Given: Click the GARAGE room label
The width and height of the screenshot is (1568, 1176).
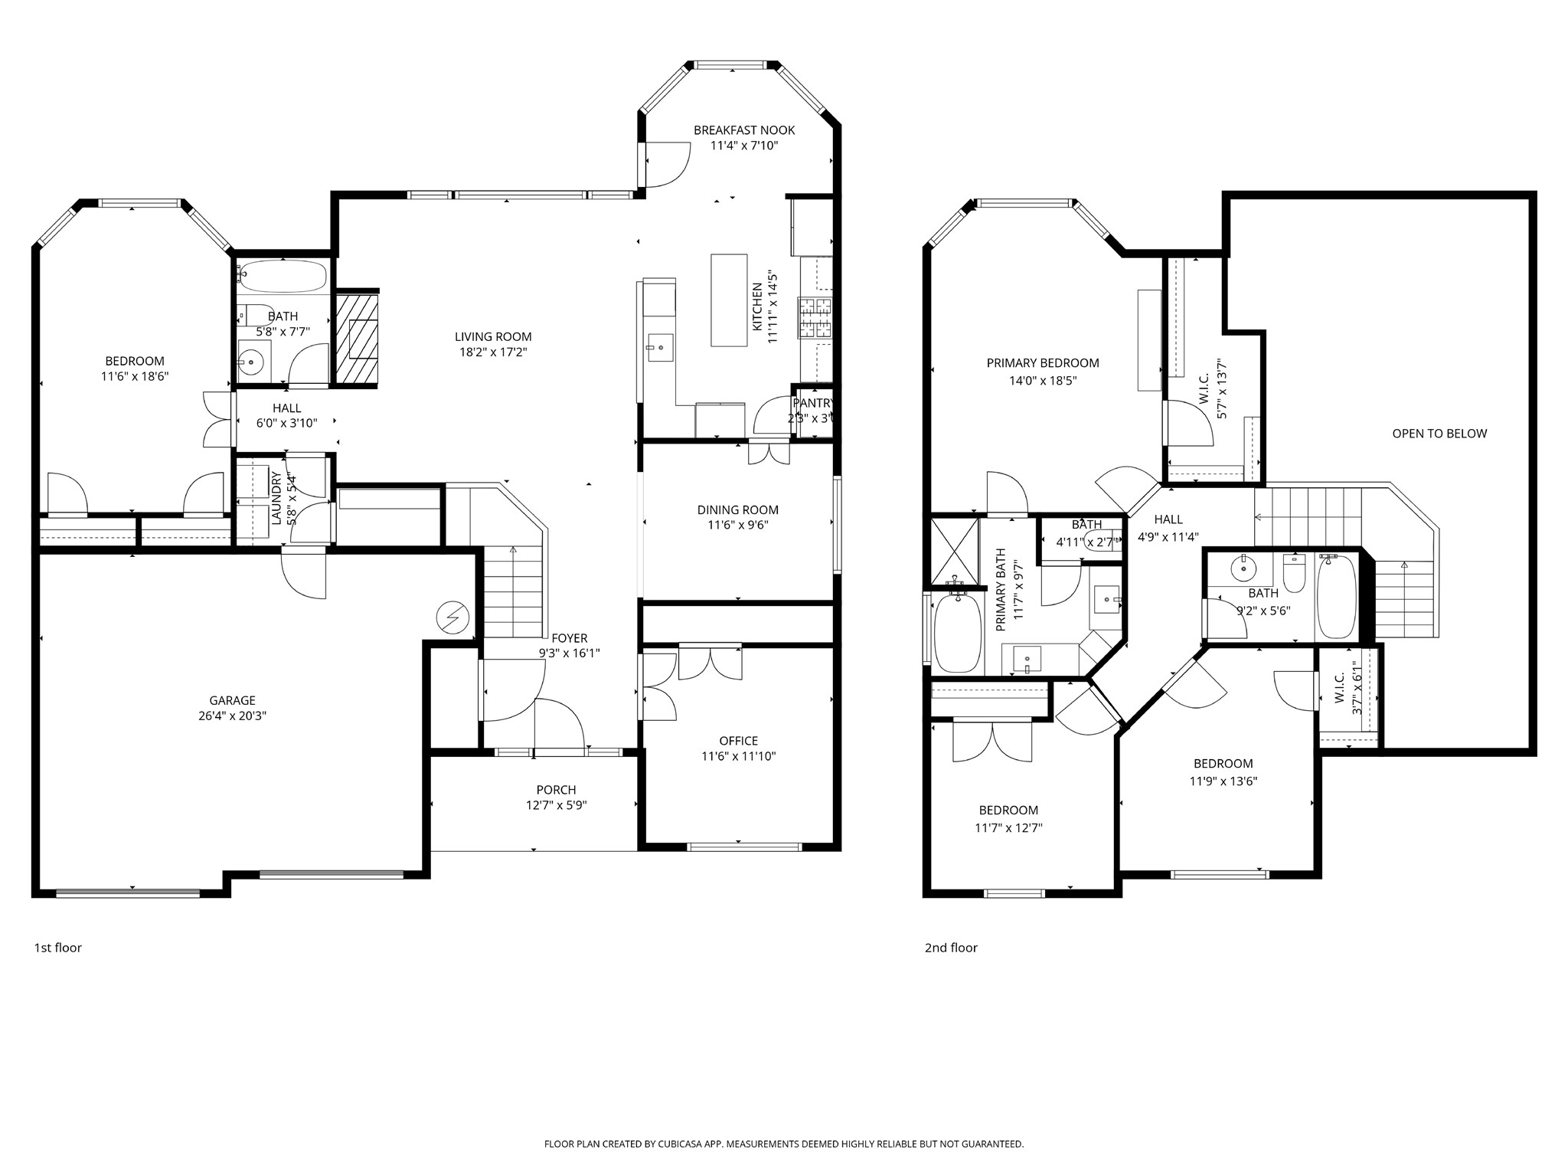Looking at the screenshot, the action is click(233, 700).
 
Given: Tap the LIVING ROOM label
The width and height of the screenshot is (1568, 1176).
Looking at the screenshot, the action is click(493, 336).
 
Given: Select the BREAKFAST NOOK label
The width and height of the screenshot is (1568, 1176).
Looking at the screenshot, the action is click(744, 130).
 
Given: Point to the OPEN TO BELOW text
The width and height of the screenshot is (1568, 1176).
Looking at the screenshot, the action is click(1439, 434).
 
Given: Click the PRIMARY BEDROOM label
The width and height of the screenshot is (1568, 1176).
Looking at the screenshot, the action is click(1043, 363).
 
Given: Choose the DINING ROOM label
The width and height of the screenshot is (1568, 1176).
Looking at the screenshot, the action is click(738, 509).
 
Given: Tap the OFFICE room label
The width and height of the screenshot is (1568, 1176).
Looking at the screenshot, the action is click(739, 741).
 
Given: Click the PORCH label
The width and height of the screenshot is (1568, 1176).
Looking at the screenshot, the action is click(557, 790).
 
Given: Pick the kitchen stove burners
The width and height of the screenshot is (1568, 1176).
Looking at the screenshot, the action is click(815, 318).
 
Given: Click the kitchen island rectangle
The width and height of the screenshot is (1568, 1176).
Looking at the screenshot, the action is click(729, 300).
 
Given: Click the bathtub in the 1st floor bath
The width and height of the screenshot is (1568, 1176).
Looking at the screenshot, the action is click(283, 277).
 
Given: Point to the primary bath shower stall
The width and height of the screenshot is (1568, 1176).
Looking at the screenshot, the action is click(954, 550).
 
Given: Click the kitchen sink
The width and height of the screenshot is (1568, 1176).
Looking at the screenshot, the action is click(659, 347).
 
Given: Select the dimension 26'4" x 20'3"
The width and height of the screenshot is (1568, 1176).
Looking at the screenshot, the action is click(233, 716).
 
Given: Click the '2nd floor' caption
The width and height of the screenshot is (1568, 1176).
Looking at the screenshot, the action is click(951, 948).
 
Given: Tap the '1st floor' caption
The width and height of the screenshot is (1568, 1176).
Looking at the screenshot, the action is click(57, 948).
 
